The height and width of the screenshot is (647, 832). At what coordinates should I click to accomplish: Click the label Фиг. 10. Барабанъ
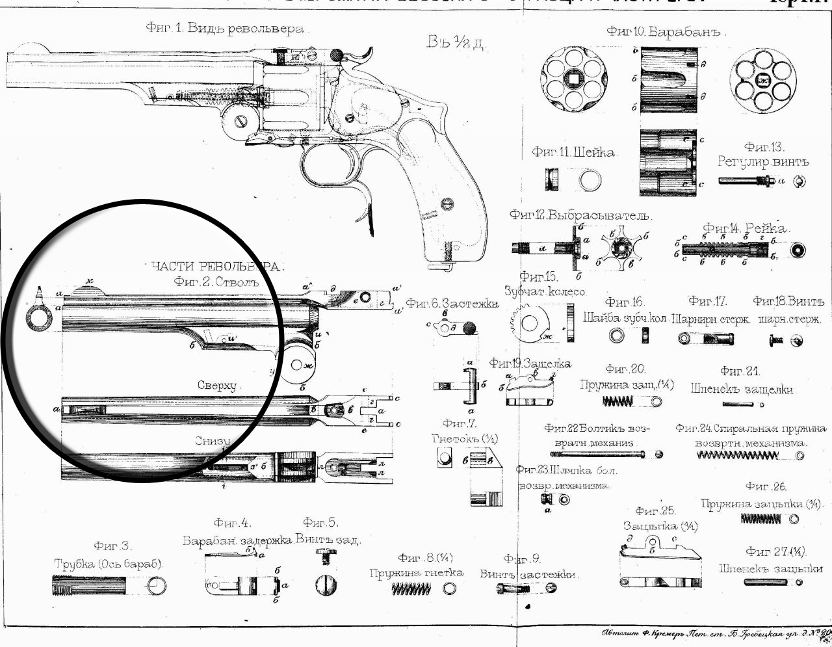(666, 31)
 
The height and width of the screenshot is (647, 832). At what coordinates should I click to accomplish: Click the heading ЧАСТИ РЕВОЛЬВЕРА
(217, 267)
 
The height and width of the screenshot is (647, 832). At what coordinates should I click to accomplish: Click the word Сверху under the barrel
(218, 385)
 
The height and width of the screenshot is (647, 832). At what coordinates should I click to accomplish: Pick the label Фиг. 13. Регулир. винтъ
(764, 154)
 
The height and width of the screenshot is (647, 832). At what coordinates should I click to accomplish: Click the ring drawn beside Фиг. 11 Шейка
(590, 179)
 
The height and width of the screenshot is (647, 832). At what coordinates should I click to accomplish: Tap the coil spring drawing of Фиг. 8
(411, 589)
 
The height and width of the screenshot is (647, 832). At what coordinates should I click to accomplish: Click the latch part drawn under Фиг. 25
(660, 562)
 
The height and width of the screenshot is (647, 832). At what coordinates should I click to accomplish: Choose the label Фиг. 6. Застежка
(452, 304)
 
